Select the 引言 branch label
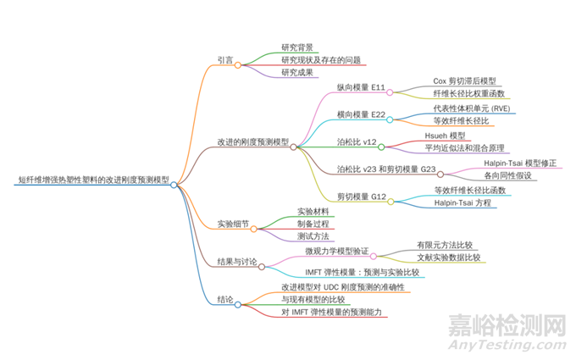pos(225,60)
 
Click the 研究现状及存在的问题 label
pos(321,60)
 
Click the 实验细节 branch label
pos(234,224)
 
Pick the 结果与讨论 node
pos(237,263)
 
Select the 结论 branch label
pos(225,300)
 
